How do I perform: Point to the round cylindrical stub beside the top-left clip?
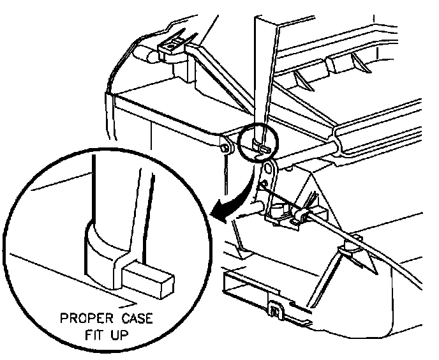click(148, 56)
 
